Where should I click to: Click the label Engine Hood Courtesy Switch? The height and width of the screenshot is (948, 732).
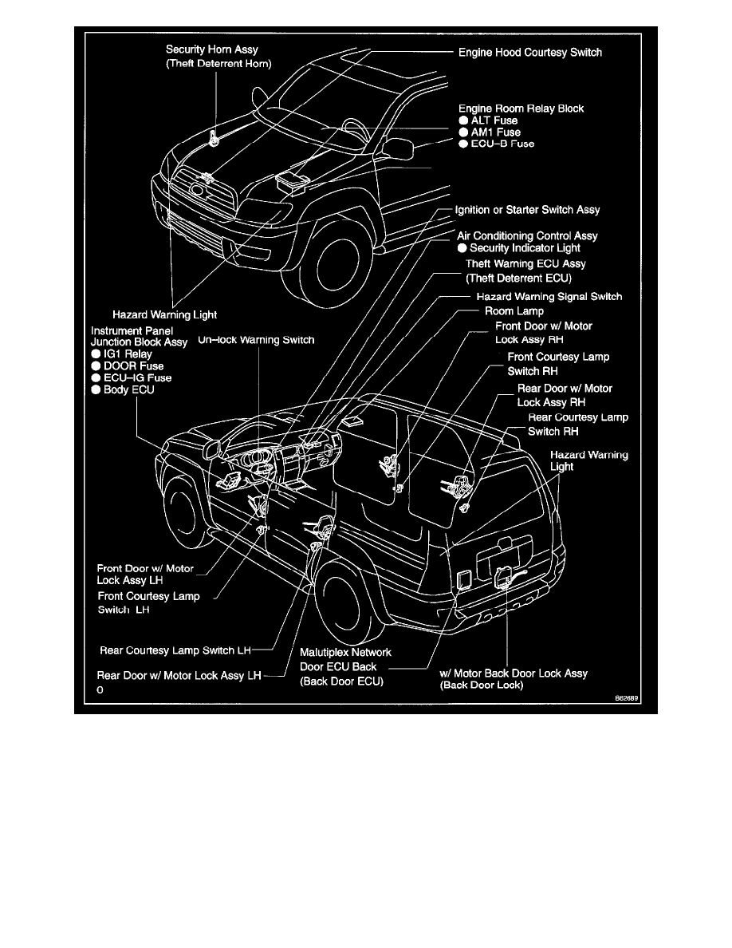point(530,53)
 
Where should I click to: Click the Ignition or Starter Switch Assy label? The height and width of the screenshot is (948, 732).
point(527,210)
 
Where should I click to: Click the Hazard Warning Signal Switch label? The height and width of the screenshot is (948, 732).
point(549,296)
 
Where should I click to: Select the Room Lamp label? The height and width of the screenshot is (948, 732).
point(514,311)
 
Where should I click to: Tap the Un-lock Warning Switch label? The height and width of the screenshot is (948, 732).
point(256,340)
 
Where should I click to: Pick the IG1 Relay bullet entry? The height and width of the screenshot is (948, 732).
point(127,354)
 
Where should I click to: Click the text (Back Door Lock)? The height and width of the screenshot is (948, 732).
point(481,685)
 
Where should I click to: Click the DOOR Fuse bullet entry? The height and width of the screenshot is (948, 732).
point(131,365)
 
